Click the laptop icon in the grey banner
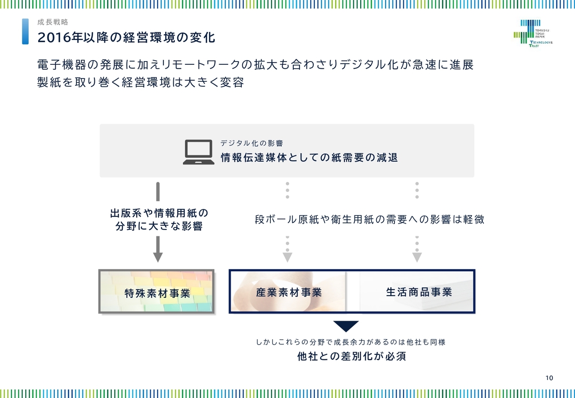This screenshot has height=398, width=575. point(198,152)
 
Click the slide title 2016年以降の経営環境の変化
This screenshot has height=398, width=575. point(126,38)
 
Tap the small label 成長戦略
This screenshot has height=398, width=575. point(53,22)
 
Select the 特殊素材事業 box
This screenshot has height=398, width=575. point(156,292)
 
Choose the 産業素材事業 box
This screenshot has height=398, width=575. point(288,292)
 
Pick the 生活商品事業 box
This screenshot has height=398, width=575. point(418,292)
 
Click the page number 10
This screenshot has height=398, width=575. point(549,378)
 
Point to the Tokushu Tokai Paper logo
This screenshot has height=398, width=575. point(533,33)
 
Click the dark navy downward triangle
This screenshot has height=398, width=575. point(346,326)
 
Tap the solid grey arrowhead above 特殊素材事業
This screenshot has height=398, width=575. point(158,257)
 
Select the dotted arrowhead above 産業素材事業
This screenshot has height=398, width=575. point(287,257)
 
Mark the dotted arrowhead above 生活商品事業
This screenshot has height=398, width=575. point(417,257)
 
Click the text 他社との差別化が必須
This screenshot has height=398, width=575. point(352,357)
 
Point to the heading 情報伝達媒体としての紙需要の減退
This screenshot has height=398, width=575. point(309,158)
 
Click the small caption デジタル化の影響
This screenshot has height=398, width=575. point(252,143)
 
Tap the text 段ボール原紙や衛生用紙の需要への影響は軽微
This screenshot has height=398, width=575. point(369,220)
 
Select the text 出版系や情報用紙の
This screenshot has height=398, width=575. point(159,212)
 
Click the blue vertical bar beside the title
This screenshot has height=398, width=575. point(26,31)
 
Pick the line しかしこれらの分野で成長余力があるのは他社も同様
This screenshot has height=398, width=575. point(351,342)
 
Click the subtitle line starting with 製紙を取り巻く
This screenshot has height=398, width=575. point(141,83)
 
